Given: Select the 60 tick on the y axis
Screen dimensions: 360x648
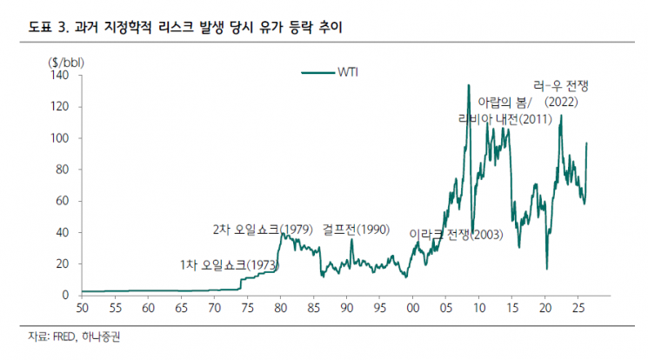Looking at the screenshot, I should click(x=60, y=201).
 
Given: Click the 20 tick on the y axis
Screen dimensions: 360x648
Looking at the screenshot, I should click(x=60, y=264).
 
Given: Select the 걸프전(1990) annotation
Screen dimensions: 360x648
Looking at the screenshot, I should click(x=354, y=230).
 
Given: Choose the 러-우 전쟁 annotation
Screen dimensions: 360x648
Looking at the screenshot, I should click(x=560, y=86).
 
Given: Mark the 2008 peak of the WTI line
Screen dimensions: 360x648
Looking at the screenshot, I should click(x=468, y=85).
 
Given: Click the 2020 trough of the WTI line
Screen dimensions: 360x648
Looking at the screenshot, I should click(x=546, y=269).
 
